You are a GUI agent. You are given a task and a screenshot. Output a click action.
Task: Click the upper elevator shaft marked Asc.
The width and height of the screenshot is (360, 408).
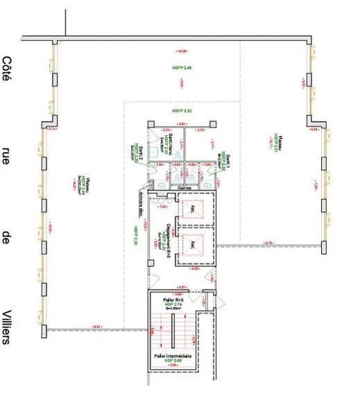pyautogui.click(x=192, y=208)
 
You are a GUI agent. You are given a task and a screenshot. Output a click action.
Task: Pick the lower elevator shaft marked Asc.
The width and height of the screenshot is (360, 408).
pyautogui.click(x=192, y=245)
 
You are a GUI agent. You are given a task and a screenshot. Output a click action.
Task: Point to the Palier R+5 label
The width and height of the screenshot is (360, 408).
pyautogui.click(x=173, y=299)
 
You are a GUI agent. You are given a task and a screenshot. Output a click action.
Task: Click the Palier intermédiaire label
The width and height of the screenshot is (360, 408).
pyautogui.click(x=173, y=356)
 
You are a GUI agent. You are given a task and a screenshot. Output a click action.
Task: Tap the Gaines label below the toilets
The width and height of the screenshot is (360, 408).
pyautogui.click(x=185, y=187)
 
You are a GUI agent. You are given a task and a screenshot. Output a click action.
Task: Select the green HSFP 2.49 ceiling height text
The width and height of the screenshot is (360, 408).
pyautogui.click(x=182, y=68)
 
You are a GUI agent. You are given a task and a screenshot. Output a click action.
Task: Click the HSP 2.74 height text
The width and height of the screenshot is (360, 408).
pyautogui.click(x=173, y=304)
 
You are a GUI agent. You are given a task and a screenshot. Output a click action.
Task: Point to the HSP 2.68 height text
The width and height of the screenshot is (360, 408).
pyautogui.click(x=173, y=362)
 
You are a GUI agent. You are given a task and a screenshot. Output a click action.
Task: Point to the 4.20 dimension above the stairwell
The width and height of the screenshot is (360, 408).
pyautogui.click(x=181, y=287)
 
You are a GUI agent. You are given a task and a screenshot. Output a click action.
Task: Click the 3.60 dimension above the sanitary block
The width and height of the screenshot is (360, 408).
pyautogui.click(x=182, y=124)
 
